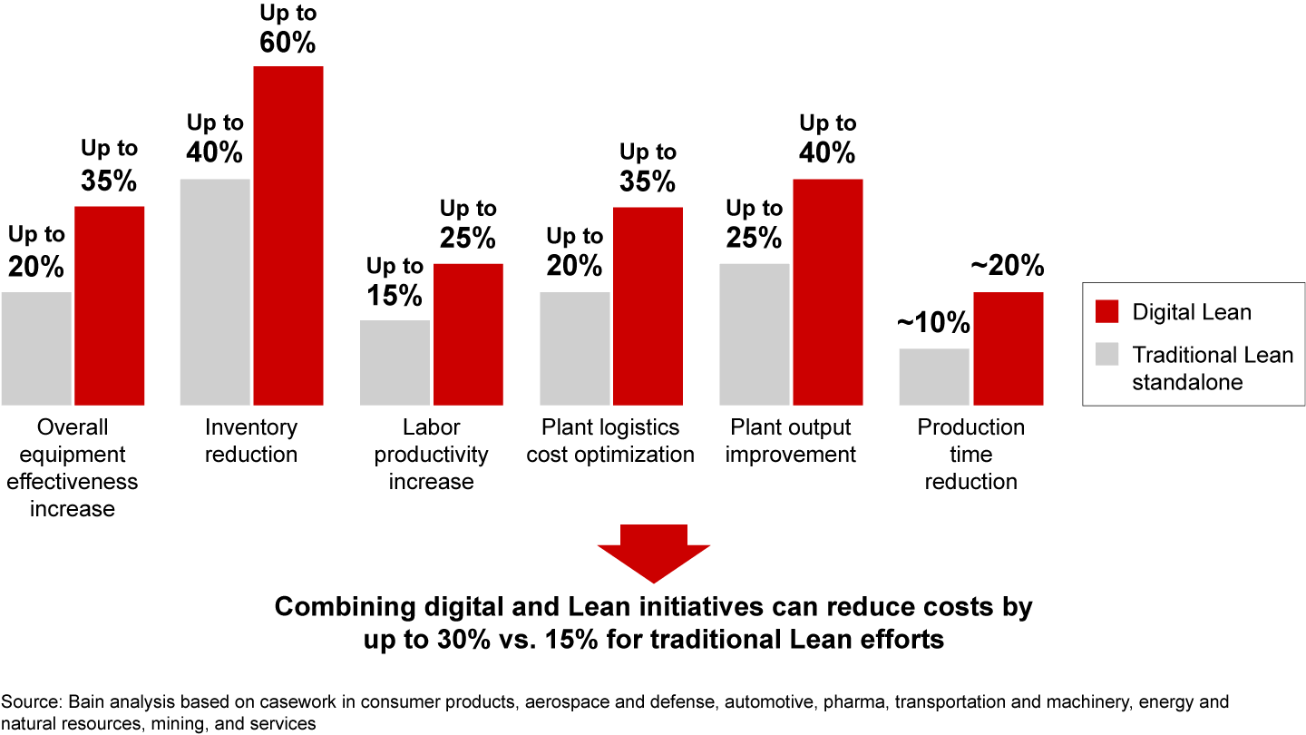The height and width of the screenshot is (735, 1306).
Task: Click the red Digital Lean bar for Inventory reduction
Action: click(x=288, y=236)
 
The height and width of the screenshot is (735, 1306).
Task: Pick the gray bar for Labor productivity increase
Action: click(x=395, y=362)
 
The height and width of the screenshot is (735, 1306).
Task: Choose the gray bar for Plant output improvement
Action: click(x=755, y=334)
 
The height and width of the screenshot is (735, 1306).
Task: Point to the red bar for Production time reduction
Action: click(x=1008, y=348)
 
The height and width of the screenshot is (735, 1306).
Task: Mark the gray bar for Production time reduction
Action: click(x=934, y=377)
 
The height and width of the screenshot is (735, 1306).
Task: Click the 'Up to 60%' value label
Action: click(x=287, y=29)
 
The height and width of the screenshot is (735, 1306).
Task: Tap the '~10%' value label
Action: click(x=933, y=324)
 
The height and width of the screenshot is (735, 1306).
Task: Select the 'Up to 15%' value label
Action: click(x=395, y=281)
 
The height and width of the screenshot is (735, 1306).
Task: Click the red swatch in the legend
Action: click(x=1107, y=312)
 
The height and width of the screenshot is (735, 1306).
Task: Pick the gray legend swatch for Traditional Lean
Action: click(x=1107, y=355)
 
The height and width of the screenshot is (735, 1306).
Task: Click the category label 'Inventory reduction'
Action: click(x=251, y=440)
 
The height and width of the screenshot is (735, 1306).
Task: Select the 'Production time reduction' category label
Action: click(x=970, y=454)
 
